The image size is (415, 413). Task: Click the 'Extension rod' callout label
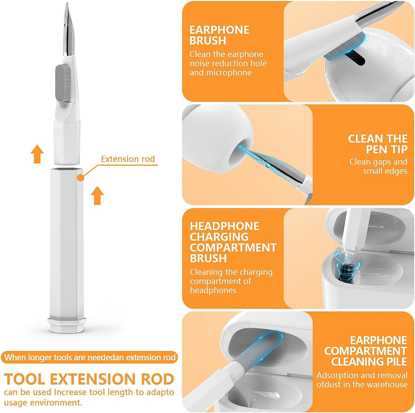point(128,159)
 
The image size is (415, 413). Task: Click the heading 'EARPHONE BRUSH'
point(219,35)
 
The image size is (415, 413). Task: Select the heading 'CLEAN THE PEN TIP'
point(377,144)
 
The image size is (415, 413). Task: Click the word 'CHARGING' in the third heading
point(219,237)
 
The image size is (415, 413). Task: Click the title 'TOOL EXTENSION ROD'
point(90,379)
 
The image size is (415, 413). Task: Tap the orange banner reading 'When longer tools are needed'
point(90,358)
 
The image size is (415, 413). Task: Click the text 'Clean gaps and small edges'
point(378,166)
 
